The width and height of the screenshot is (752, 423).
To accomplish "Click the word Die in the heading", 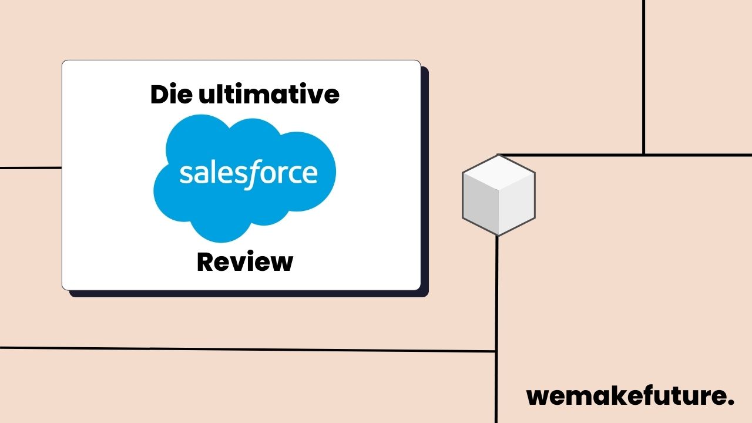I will (x=171, y=95).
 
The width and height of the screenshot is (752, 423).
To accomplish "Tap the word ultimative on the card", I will (x=268, y=95).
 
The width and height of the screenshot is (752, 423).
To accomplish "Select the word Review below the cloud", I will (x=244, y=261).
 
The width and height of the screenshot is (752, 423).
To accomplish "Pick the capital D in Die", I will (x=159, y=95).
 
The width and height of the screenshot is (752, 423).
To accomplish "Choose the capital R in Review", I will (x=206, y=261).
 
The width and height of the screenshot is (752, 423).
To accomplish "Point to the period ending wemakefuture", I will (x=731, y=403).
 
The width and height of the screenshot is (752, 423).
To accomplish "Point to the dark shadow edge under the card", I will (x=247, y=294).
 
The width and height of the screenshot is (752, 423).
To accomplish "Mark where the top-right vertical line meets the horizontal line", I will (x=644, y=155).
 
